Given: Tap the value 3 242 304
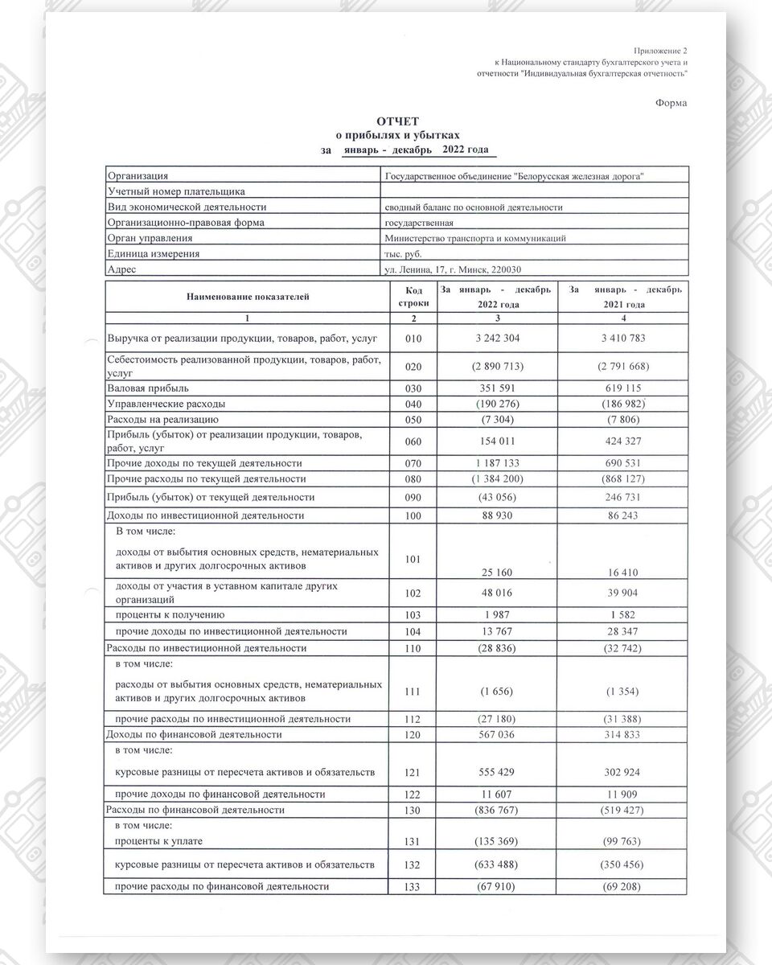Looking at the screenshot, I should coord(496,339).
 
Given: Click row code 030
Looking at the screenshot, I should coord(413,388).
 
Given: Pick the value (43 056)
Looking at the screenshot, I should coord(496,497).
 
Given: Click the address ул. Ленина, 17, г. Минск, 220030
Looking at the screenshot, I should coord(459,269).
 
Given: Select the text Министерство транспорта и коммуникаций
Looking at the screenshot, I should coord(475,239).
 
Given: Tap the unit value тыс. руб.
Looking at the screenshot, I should coord(404,254).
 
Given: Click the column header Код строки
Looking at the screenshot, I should coord(413,297).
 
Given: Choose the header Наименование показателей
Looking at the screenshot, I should coord(248,297).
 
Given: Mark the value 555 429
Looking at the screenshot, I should coord(496,772).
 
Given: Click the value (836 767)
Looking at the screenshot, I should coord(496,810).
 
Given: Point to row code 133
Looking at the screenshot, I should coord(413,886).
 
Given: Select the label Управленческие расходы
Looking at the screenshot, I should coord(166,403).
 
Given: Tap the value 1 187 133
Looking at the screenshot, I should coord(496,463).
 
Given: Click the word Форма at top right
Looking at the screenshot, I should coord(671,103).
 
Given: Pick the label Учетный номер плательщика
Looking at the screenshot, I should coord(176,191).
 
